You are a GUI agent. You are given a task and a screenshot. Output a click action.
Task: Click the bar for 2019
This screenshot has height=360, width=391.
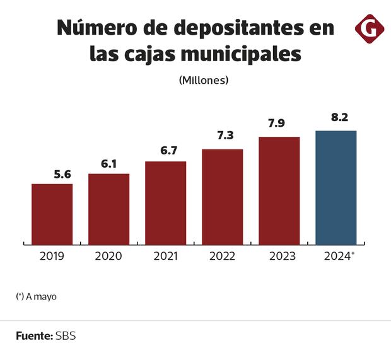(x=52, y=214)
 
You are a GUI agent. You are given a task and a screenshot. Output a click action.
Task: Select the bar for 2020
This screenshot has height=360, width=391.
(x=108, y=209)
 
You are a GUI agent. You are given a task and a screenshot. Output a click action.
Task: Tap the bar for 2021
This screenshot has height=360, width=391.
(x=165, y=202)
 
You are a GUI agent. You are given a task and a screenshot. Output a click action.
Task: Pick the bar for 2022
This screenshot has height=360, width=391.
(x=222, y=197)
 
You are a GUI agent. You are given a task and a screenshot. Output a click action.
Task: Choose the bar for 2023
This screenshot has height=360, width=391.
(x=279, y=190)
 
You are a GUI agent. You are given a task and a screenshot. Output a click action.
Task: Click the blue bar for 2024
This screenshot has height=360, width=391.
(x=336, y=187)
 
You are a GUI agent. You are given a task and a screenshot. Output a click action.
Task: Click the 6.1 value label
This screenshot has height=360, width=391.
(x=110, y=164)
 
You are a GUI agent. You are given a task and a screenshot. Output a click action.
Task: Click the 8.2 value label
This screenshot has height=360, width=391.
(x=334, y=119)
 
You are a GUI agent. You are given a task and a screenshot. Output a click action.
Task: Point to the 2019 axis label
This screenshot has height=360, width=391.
(x=52, y=256)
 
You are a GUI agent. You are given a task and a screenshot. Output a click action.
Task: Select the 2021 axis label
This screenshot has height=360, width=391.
(x=165, y=256)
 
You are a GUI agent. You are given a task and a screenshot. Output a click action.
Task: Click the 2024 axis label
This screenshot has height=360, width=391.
(x=336, y=256)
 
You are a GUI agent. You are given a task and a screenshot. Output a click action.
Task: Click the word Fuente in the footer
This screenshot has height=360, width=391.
(x=34, y=336)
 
